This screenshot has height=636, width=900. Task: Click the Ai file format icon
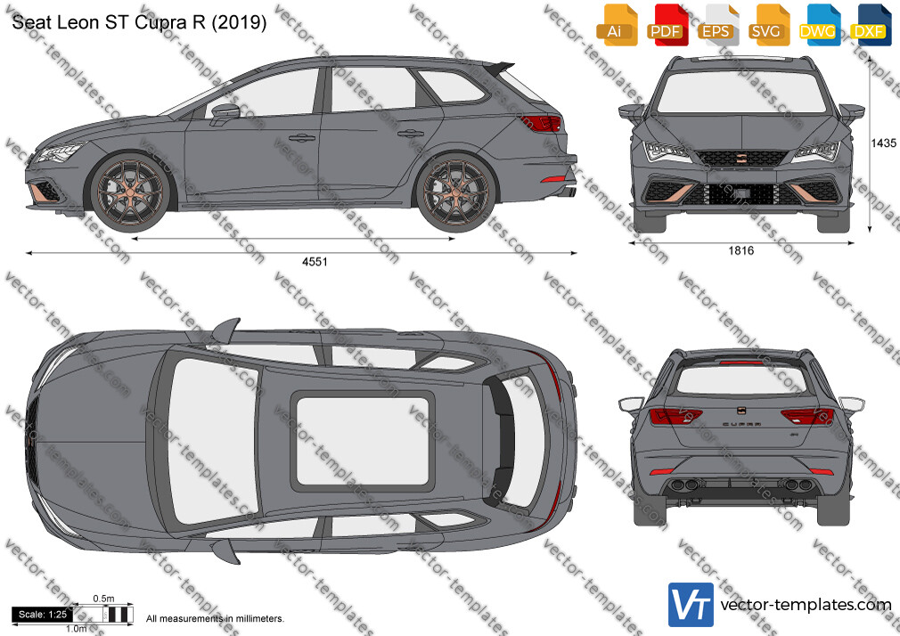pos(617,25)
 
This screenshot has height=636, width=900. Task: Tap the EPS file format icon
pos(718,25)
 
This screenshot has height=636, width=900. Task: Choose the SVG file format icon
pos(769,25)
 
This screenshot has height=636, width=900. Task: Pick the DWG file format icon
pos(820,25)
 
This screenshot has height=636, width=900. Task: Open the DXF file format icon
pos(871,25)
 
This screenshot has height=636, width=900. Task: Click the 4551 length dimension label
pos(315,262)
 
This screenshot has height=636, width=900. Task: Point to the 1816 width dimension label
pos(741,250)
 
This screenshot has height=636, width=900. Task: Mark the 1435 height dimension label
pos(883,143)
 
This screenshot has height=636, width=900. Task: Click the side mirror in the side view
pos(225,112)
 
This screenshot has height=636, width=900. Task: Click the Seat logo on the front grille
pos(740,156)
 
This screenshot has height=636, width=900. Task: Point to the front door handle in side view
pos(301,138)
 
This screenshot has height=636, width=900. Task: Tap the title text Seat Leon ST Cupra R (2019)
pos(139,22)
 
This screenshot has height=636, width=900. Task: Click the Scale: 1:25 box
pos(43,615)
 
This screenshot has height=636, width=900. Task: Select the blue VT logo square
pos(691,605)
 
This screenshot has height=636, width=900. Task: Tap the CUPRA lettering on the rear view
pos(741,424)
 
